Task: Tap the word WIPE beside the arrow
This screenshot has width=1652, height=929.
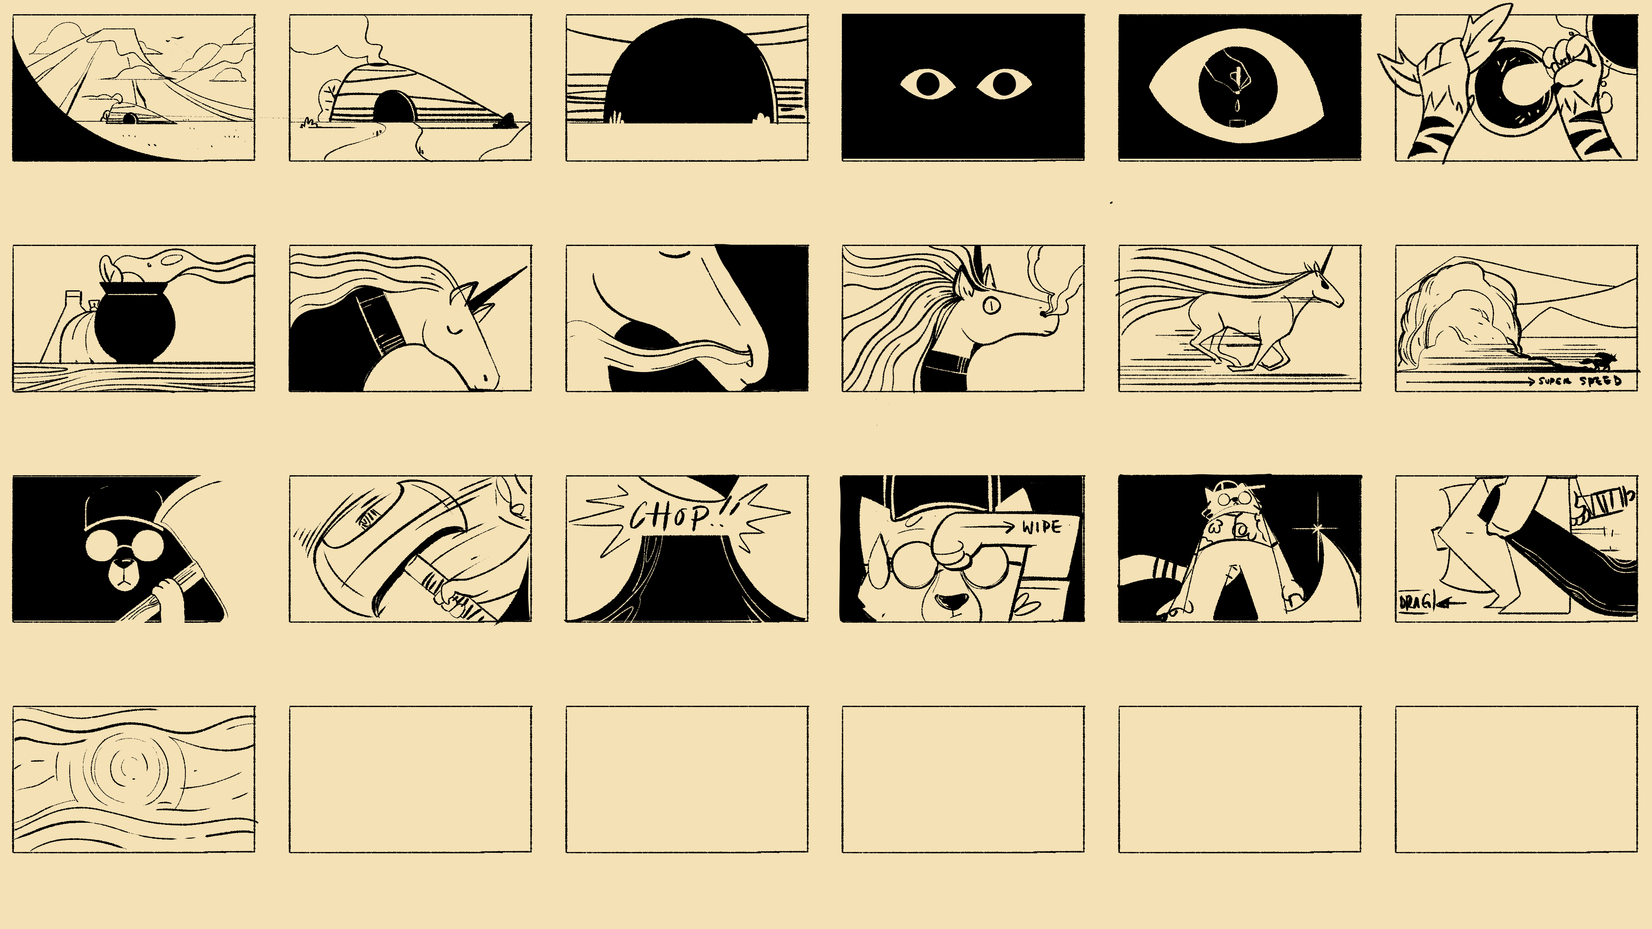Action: pyautogui.click(x=1042, y=527)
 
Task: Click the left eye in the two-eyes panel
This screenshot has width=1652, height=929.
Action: pyautogui.click(x=928, y=84)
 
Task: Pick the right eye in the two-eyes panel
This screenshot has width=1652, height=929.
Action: pyautogui.click(x=1004, y=84)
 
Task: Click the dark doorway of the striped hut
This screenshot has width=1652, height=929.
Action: pyautogui.click(x=395, y=106)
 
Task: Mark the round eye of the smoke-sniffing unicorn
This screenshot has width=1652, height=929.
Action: pyautogui.click(x=991, y=306)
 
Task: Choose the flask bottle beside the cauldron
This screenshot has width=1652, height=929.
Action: pyautogui.click(x=62, y=327)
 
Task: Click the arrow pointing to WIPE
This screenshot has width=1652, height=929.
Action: pyautogui.click(x=988, y=528)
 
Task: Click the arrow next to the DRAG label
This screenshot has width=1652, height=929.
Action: pyautogui.click(x=1451, y=603)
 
